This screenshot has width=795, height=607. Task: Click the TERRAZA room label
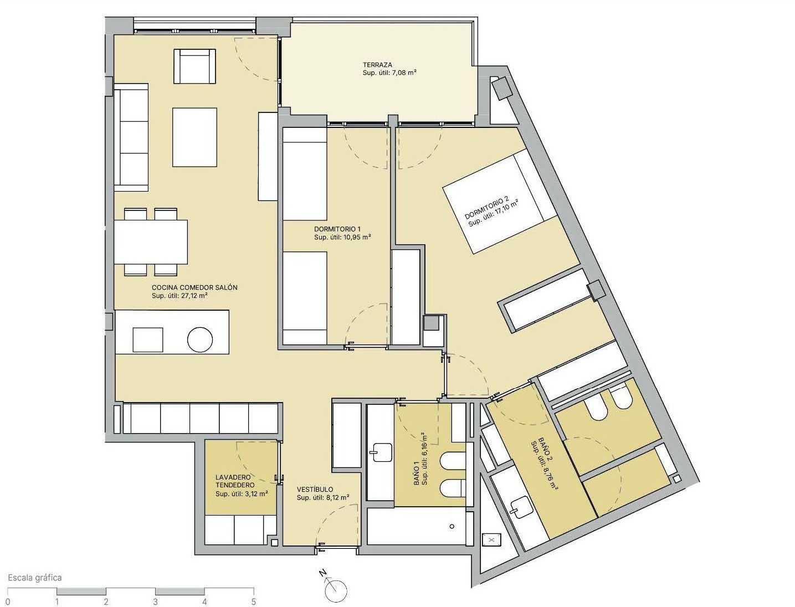(x=377, y=65)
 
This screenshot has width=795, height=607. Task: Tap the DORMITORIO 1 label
(x=337, y=229)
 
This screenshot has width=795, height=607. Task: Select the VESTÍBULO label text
(x=314, y=490)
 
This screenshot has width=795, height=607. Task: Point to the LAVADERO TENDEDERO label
(x=235, y=481)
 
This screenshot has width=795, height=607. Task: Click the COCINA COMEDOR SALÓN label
(x=194, y=287)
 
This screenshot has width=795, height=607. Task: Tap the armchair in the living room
(x=194, y=66)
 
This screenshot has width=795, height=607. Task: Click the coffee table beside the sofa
(x=194, y=137)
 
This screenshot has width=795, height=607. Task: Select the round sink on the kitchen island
(x=200, y=339)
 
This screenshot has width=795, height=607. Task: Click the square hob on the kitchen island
(x=148, y=339)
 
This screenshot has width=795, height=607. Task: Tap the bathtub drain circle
(x=452, y=527)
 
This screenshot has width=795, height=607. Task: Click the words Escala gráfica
(x=35, y=578)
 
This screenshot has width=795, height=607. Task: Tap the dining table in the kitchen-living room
(x=151, y=242)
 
